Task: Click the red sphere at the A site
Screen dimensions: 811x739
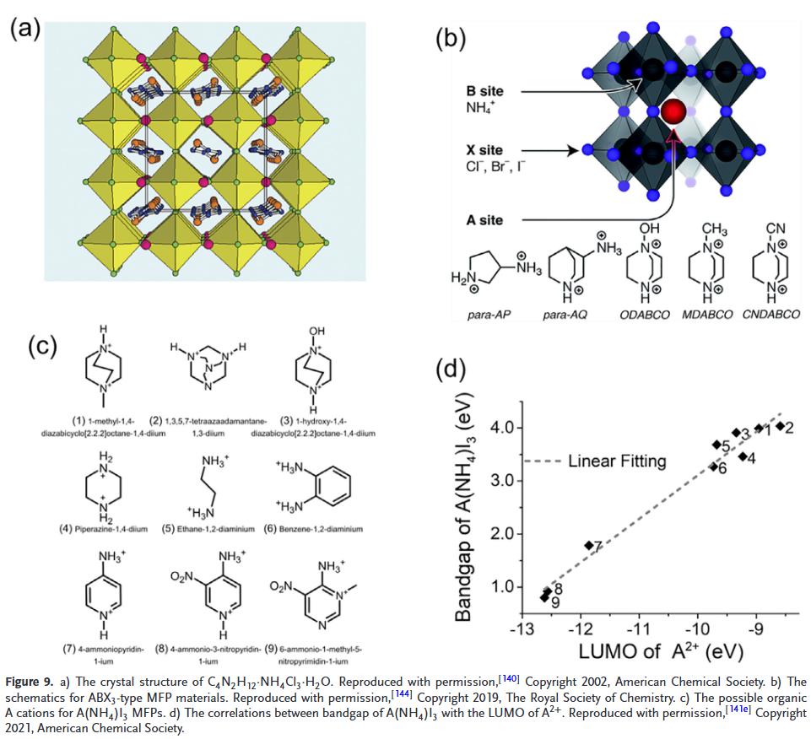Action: tap(673, 111)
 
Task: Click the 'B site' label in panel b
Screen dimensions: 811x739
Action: tap(484, 92)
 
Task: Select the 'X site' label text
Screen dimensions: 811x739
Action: tap(484, 150)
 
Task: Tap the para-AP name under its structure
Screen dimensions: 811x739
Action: tap(489, 315)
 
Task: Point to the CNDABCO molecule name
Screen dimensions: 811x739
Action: tap(771, 315)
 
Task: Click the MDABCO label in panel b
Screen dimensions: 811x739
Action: tap(707, 315)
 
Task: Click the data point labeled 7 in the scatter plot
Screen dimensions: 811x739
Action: tap(588, 545)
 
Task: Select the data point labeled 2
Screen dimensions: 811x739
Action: tap(781, 427)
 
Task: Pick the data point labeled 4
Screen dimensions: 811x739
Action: tap(743, 456)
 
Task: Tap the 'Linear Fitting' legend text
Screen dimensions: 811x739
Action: tap(617, 461)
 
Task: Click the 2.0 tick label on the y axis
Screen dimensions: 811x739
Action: tap(500, 534)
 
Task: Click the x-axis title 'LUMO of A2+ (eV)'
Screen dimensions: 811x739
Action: tap(661, 651)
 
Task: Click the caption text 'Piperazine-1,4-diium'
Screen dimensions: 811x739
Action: tap(111, 529)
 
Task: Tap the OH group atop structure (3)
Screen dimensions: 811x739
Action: tap(316, 331)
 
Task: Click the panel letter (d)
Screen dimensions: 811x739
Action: tap(451, 369)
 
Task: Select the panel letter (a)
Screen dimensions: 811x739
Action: tap(25, 28)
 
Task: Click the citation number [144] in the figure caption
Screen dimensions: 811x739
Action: tap(402, 693)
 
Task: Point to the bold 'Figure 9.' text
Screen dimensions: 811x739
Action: tap(29, 682)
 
